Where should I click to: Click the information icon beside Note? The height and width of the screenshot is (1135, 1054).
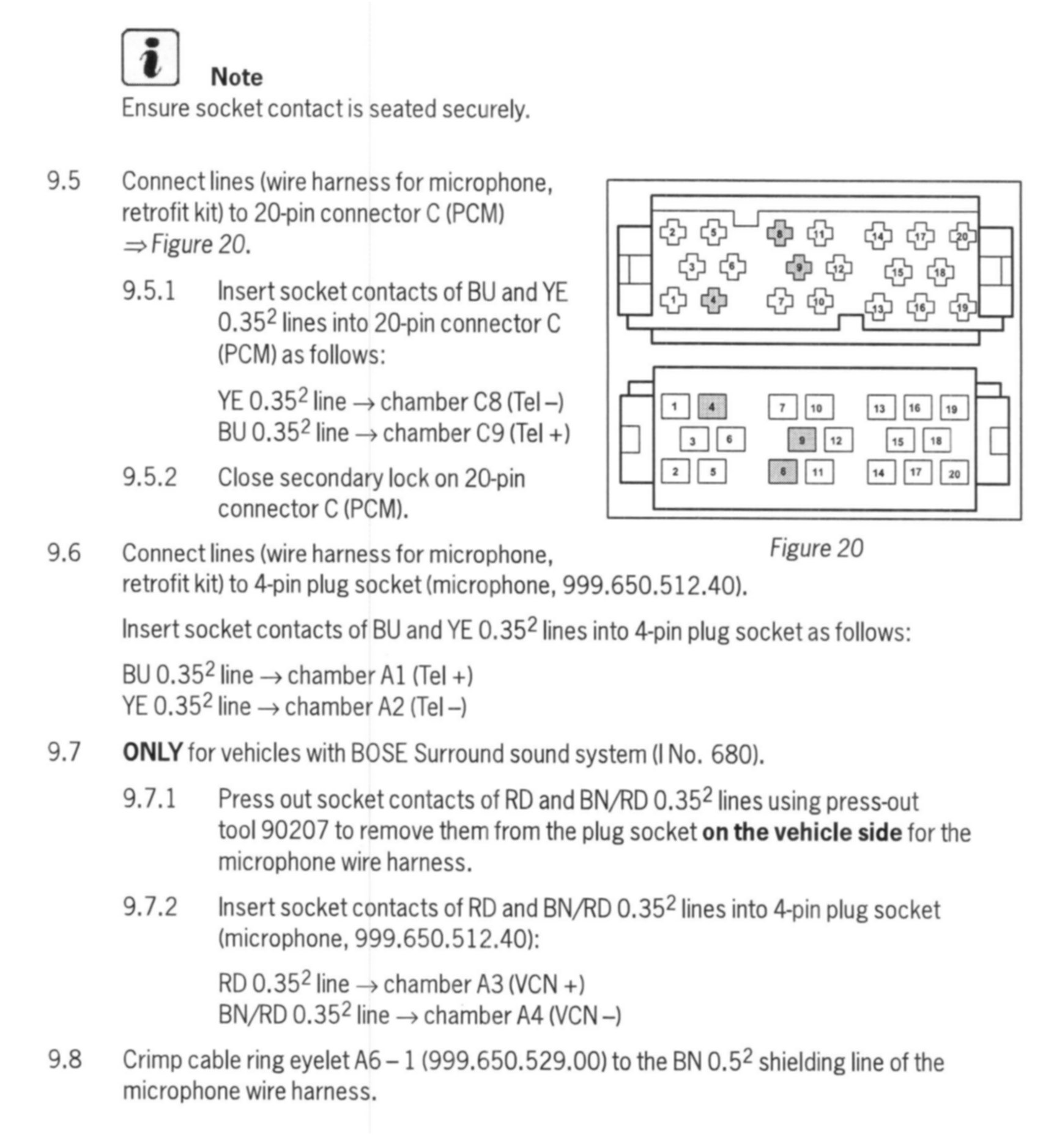[150, 57]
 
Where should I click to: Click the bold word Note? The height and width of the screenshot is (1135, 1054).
[236, 77]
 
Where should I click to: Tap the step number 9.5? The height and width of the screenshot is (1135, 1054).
[64, 181]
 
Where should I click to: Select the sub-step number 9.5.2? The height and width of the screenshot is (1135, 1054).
[149, 477]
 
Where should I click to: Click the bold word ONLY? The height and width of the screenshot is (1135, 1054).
[152, 752]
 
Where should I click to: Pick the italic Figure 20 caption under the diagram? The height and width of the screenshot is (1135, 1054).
[816, 548]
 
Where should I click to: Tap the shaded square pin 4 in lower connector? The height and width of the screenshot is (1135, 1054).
[712, 406]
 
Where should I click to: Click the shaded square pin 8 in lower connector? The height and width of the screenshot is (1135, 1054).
[782, 471]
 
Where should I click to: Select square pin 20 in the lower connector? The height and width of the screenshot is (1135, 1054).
[954, 473]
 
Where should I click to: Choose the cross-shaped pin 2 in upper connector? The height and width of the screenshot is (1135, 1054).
[672, 233]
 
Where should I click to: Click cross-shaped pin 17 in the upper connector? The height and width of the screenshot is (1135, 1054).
[920, 236]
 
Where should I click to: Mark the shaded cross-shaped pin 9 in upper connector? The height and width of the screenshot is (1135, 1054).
[799, 267]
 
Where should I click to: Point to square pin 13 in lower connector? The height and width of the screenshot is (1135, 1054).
[880, 408]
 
